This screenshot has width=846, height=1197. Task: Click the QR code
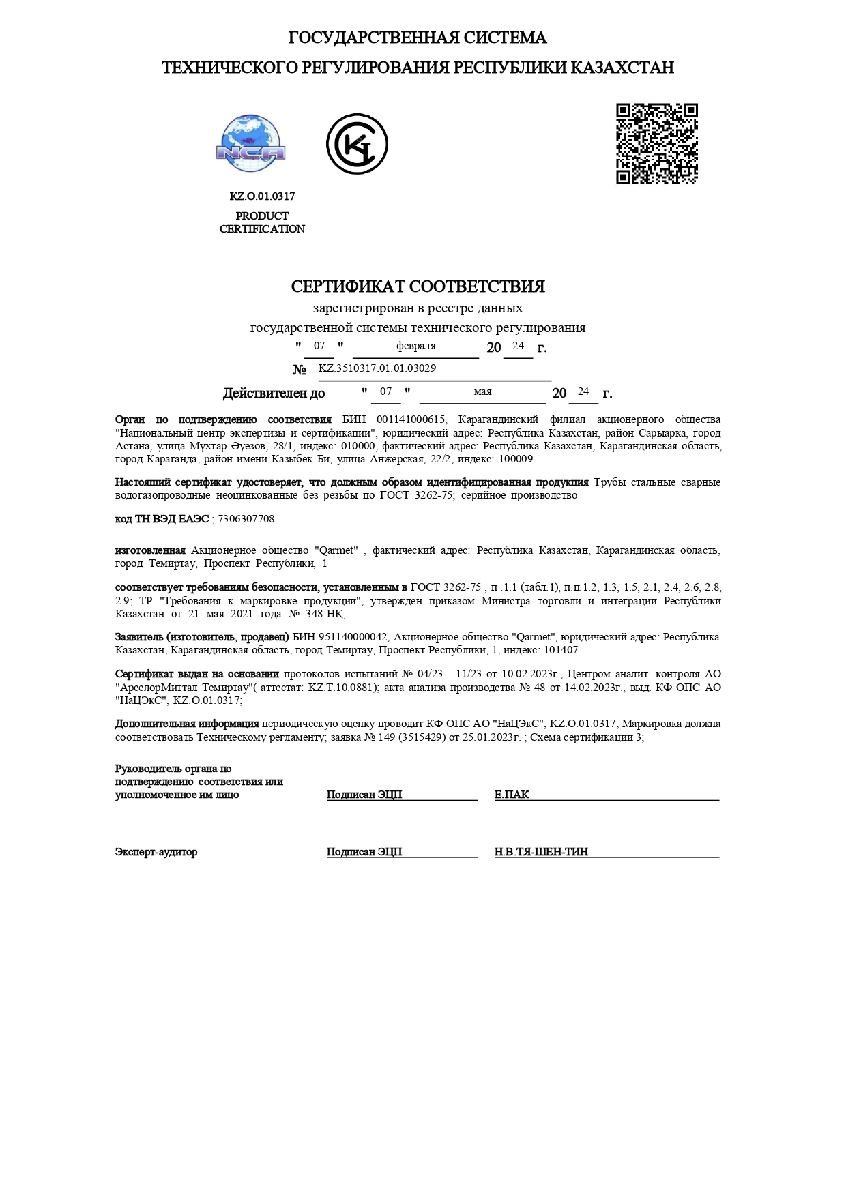tap(657, 143)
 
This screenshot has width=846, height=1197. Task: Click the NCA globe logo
tap(251, 144)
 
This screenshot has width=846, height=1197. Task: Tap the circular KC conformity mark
tap(357, 144)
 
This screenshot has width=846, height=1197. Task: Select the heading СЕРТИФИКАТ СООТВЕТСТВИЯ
tap(418, 286)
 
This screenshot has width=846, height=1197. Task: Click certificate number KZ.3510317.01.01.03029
tap(377, 368)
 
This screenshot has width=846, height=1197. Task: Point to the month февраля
tap(415, 346)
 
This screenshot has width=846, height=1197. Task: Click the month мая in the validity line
tap(482, 391)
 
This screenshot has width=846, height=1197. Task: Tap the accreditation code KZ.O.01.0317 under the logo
tap(262, 196)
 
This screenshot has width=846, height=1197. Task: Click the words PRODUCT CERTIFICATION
tap(262, 222)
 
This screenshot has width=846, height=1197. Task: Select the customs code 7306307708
tap(246, 519)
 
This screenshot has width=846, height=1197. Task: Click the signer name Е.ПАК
tap(512, 795)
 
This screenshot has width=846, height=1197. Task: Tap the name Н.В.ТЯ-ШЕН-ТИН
tap(541, 852)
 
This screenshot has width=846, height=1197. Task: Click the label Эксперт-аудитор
tap(156, 852)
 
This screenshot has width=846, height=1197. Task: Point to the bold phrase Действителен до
tap(274, 394)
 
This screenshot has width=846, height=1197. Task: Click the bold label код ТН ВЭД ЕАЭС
tap(162, 519)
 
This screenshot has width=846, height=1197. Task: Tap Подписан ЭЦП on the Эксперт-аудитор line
tap(364, 852)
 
